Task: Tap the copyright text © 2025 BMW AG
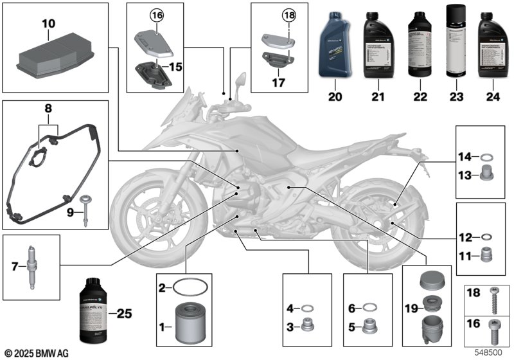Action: pyautogui.click(x=37, y=353)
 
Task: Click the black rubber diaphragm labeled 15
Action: pyautogui.click(x=149, y=67)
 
